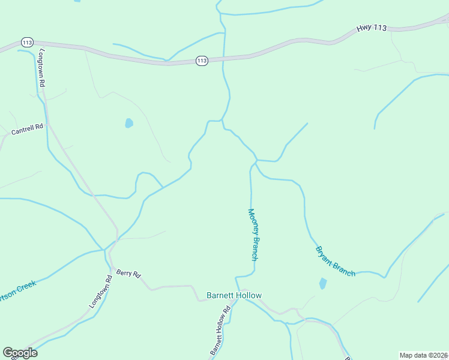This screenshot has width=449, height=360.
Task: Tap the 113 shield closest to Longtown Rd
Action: (26, 42)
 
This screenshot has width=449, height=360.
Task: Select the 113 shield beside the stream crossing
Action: (201, 61)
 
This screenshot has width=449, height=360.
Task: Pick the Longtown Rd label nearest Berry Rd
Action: (101, 292)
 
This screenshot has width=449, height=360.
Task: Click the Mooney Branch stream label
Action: (254, 234)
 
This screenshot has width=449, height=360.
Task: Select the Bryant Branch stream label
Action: (335, 261)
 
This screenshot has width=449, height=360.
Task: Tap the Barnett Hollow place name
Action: (234, 295)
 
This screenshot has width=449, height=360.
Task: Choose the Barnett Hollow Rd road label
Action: (220, 330)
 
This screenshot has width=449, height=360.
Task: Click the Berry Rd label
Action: (128, 274)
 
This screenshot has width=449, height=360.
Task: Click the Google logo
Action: (20, 352)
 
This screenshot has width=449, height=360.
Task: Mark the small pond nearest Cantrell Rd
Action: (128, 124)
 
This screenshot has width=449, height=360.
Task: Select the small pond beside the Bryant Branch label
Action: (323, 283)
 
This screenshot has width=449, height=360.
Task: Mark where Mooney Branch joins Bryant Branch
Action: (256, 161)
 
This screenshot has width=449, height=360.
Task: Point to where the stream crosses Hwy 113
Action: (223, 59)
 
